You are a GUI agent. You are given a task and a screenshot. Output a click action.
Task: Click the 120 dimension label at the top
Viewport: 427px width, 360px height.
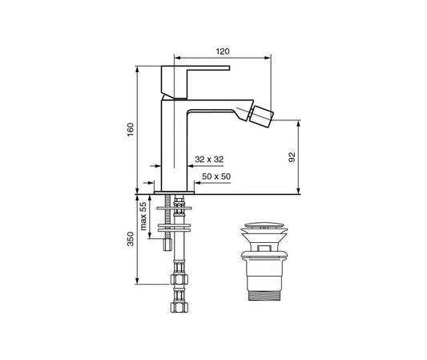[223, 51]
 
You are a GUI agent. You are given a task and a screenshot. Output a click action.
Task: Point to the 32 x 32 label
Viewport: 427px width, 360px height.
[207, 160]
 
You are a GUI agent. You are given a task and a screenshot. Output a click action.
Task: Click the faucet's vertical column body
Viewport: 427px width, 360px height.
[174, 144]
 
